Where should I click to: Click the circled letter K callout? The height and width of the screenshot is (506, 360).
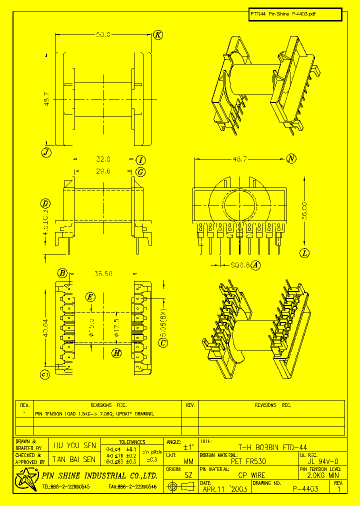(x=158, y=34)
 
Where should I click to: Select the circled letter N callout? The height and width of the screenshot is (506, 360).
(x=291, y=159)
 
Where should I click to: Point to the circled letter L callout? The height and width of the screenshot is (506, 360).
(x=305, y=253)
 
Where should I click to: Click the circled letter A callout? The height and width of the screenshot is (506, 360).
(x=256, y=265)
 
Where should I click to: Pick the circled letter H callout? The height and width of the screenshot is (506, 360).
(x=116, y=353)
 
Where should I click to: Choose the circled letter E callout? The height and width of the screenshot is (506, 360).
(x=90, y=297)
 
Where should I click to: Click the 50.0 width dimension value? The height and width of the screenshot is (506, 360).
(x=103, y=34)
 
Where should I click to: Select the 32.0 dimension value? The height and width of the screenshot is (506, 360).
(x=103, y=159)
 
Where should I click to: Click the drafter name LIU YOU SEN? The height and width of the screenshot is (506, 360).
(x=74, y=445)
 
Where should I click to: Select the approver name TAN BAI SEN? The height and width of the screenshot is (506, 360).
(x=74, y=459)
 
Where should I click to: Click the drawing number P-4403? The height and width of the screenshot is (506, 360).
(x=305, y=489)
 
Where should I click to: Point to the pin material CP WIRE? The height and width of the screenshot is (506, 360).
(x=251, y=475)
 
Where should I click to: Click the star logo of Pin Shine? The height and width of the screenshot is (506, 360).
(x=25, y=479)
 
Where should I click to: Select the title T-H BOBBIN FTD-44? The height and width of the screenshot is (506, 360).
(x=272, y=447)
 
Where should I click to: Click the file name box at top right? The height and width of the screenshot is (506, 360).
(x=295, y=14)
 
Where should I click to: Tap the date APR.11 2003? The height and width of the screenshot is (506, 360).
(x=225, y=489)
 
